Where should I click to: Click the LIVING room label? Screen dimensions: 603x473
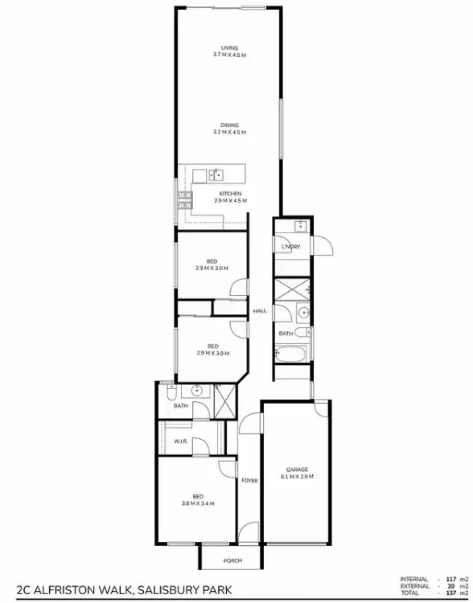230,47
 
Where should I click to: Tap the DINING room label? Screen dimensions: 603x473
230,125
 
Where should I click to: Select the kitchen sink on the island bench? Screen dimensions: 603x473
216,174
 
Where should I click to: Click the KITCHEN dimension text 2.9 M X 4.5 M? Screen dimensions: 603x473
230,200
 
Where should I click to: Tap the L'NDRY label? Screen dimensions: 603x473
290,247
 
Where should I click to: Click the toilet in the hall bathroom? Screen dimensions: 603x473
302,331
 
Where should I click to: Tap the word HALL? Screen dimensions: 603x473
260,311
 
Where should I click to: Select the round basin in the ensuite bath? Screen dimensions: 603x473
195,392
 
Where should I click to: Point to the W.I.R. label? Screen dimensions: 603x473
181,441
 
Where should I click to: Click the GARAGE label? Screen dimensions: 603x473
297,470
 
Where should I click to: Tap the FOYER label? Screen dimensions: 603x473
249,480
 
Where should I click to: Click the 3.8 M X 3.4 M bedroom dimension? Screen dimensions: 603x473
197,503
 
